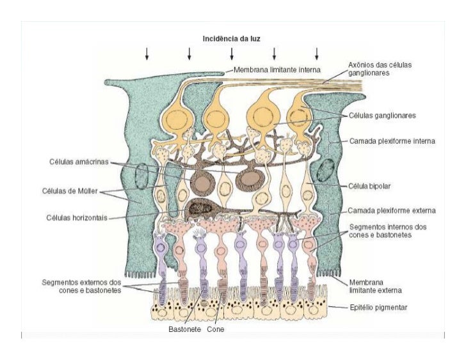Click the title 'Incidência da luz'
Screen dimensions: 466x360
pos(231,38)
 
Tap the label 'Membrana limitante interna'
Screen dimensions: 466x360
pos(277,69)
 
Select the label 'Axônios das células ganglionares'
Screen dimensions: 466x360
pos(380,69)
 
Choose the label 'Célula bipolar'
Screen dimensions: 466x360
pos(373,186)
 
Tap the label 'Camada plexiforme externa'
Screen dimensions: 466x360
pos(391,210)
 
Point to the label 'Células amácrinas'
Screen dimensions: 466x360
pos(76,161)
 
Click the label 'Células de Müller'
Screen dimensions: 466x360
pos(68,190)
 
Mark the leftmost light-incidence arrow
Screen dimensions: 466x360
pos(147,54)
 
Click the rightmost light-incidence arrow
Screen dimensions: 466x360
pos(317,54)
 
